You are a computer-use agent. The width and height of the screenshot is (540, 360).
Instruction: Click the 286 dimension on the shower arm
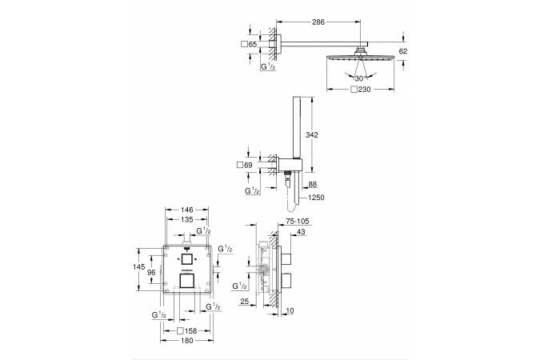coord(318,22)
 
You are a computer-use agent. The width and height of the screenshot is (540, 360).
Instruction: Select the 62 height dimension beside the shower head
coord(403,51)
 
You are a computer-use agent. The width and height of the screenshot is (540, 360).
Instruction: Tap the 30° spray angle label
coord(359,78)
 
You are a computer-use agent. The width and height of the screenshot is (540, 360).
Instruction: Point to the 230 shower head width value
coord(364,90)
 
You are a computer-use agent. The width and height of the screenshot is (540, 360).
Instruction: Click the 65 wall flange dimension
coord(253,45)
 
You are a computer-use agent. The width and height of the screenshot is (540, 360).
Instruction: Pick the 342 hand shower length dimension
coord(312,135)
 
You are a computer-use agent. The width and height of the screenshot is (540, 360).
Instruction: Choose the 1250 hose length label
coord(316,198)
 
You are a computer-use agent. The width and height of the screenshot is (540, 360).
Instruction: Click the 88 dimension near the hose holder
coord(312,185)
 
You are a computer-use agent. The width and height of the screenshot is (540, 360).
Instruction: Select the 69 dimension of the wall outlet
coord(248,166)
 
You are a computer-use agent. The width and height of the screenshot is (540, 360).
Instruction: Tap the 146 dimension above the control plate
coord(187,210)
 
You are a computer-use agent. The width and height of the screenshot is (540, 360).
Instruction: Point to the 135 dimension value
coord(187,219)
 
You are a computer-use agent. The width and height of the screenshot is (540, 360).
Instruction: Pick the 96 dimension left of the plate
coord(151,273)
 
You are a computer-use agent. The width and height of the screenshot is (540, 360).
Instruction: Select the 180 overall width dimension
coord(186,341)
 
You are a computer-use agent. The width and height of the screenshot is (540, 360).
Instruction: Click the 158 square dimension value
coord(190,331)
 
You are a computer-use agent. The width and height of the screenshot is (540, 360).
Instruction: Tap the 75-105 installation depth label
coord(298,222)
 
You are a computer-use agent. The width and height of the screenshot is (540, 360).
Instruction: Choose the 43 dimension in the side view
coord(301,232)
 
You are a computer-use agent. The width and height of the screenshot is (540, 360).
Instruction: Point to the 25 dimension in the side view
coord(244,302)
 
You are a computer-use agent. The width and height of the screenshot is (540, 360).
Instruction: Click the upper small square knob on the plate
coord(186,258)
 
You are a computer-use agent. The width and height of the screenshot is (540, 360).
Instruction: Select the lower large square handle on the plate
coord(186,281)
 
